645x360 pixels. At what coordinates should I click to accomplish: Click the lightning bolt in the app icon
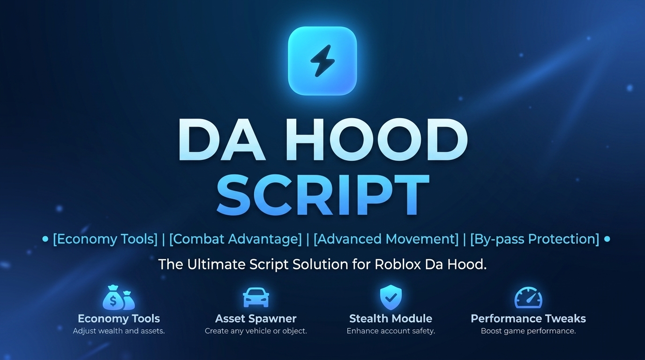pyautogui.click(x=322, y=61)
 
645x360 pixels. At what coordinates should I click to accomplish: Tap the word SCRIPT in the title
pyautogui.click(x=323, y=195)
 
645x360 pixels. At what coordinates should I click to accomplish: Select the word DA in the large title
pyautogui.click(x=222, y=139)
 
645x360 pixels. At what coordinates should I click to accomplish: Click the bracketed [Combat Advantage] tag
pyautogui.click(x=235, y=239)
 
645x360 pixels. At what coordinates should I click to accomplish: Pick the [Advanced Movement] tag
pyautogui.click(x=386, y=239)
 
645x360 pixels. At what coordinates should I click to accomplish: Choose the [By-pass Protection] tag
pyautogui.click(x=535, y=239)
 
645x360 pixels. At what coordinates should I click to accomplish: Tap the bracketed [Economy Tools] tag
pyautogui.click(x=105, y=239)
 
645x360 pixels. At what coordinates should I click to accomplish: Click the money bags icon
pyautogui.click(x=119, y=298)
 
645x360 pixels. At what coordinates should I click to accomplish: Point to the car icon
pyautogui.click(x=256, y=298)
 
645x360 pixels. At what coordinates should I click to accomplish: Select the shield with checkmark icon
pyautogui.click(x=391, y=297)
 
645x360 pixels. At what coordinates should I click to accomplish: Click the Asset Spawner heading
pyautogui.click(x=255, y=319)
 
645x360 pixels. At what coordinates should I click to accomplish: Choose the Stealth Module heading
pyautogui.click(x=391, y=319)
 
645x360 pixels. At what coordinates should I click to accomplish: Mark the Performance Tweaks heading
pyautogui.click(x=528, y=319)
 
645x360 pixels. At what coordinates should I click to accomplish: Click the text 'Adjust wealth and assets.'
pyautogui.click(x=119, y=331)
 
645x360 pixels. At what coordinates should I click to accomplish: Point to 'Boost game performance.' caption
pyautogui.click(x=528, y=331)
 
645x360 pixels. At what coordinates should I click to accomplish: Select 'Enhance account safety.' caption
pyautogui.click(x=391, y=331)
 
